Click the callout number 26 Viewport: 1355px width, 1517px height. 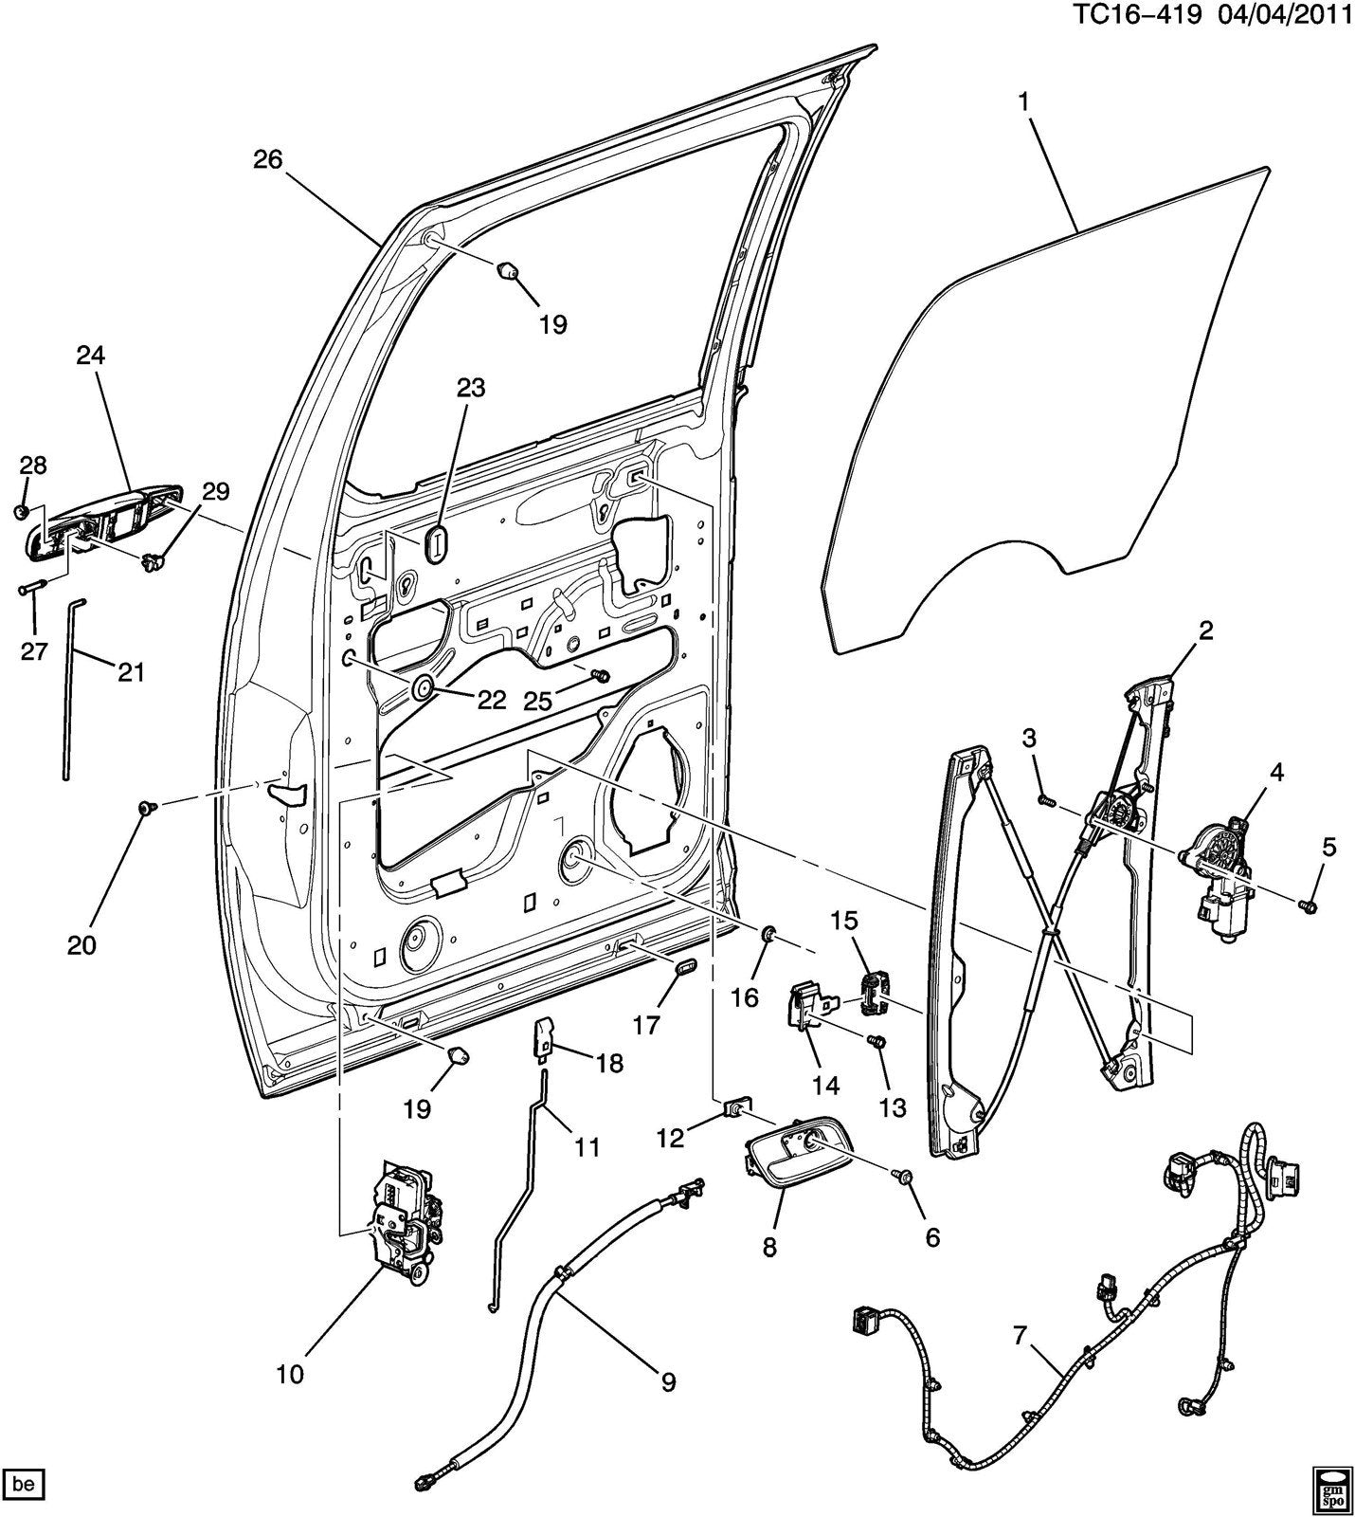[268, 159]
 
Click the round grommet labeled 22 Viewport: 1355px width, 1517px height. [422, 687]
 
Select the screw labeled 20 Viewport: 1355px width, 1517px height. [147, 807]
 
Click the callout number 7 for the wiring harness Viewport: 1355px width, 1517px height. [1020, 1336]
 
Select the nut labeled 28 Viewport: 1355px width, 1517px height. [21, 513]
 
